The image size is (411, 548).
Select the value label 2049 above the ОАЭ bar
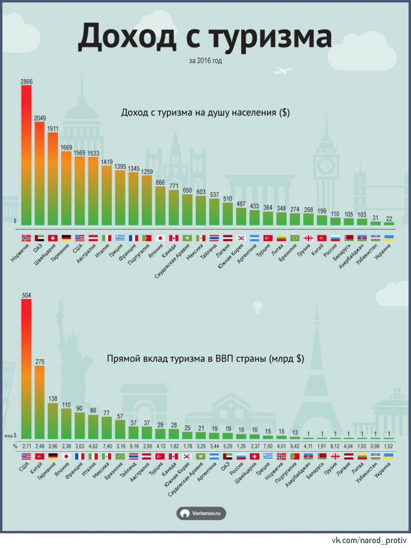tap(40, 118)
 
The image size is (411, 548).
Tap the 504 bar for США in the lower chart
tap(26, 367)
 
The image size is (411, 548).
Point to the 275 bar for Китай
tap(40, 401)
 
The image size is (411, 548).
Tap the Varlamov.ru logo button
tap(201, 513)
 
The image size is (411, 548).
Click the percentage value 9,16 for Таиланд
tap(133, 446)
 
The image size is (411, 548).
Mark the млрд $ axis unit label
tap(11, 435)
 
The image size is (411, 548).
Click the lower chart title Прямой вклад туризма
tap(205, 358)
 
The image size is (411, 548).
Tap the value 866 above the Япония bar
tap(160, 182)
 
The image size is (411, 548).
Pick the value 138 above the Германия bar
tap(53, 399)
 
